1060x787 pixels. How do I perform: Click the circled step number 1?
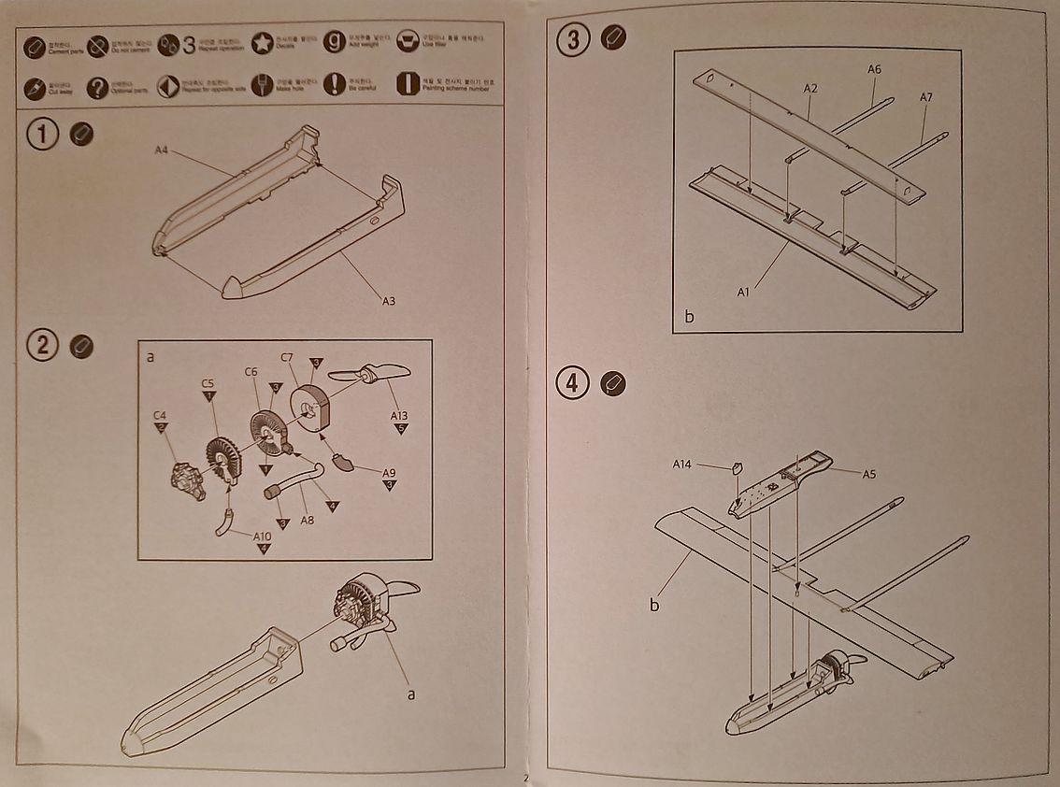(x=43, y=135)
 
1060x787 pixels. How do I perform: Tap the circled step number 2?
(x=43, y=346)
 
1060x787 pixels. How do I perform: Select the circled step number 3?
(x=573, y=38)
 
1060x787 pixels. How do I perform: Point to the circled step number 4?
(x=573, y=383)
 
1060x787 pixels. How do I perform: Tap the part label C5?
(x=208, y=382)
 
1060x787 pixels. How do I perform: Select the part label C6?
(x=251, y=371)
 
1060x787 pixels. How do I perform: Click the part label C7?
(x=288, y=357)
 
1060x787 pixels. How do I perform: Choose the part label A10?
(x=263, y=536)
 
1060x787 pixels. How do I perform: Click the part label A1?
(x=744, y=292)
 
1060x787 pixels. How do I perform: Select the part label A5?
(x=869, y=474)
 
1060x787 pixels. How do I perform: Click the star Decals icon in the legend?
(x=262, y=43)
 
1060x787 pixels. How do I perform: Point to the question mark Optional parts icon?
(x=97, y=88)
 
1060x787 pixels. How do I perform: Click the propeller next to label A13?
(x=369, y=375)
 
